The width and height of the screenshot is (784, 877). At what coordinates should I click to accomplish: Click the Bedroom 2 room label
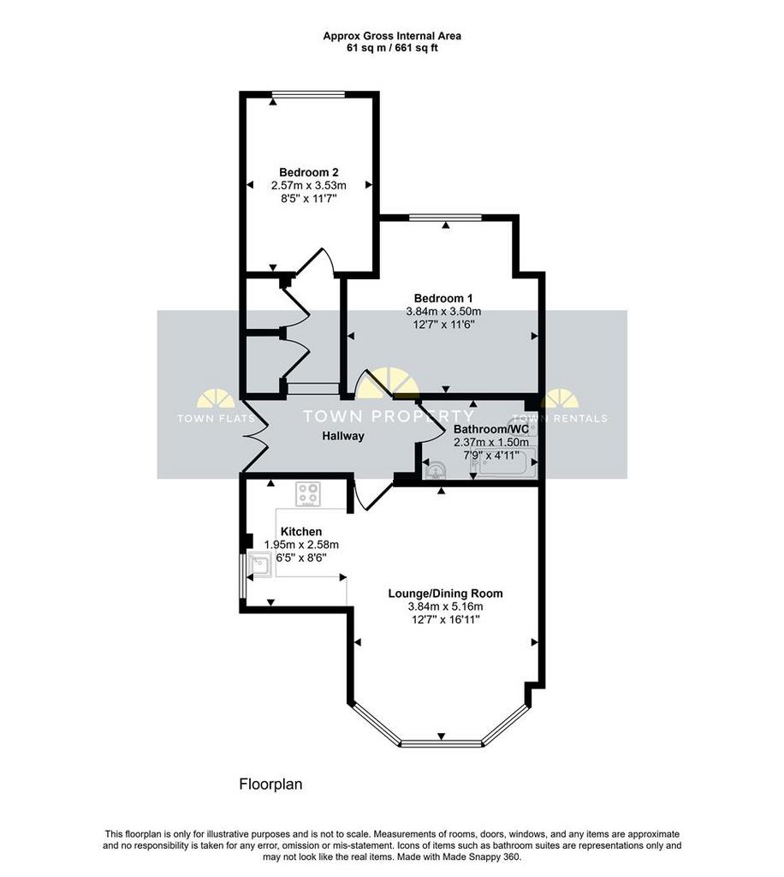coord(308,172)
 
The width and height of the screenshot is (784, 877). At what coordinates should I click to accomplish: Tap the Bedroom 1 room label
coord(443,298)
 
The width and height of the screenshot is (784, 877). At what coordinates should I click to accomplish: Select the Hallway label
coord(343,436)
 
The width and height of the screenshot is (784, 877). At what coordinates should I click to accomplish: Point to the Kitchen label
coord(301,531)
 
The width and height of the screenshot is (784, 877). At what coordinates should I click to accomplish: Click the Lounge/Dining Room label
coord(445,594)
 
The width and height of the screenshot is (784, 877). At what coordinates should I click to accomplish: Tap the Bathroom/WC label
coord(491,429)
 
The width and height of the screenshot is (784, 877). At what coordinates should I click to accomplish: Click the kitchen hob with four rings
coord(308,494)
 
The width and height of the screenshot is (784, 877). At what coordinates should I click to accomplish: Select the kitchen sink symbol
coord(260,564)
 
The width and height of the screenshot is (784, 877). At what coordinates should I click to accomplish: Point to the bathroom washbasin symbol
coord(436,471)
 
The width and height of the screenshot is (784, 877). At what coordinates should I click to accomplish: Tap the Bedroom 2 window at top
coord(308,94)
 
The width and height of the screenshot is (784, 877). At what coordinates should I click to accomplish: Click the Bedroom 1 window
coord(445,218)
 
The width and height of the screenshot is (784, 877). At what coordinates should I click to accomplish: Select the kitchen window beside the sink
coord(242,576)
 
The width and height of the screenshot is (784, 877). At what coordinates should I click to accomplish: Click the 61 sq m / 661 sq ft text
coord(392,48)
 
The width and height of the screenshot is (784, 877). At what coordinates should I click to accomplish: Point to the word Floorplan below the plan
coord(270,785)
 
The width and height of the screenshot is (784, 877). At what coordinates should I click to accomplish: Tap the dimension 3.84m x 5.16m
coord(445,606)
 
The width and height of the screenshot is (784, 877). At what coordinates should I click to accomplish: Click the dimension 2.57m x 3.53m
coord(308,185)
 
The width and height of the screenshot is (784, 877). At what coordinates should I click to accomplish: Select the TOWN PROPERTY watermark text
coord(388,416)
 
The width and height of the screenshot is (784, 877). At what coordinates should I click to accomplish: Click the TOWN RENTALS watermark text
coord(560,418)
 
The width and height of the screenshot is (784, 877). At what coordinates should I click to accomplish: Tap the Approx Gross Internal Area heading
coord(392,36)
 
